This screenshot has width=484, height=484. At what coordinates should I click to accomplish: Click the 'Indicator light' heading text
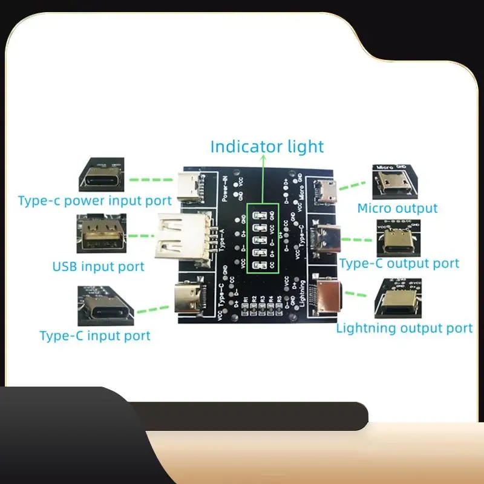(x=267, y=146)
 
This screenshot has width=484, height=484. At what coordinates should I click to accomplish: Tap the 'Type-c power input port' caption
(x=95, y=200)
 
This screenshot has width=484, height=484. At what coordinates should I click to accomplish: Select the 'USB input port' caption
(x=99, y=266)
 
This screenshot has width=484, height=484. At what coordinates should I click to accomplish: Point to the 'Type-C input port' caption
(x=95, y=335)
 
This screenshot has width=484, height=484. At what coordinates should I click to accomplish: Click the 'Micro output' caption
(x=397, y=208)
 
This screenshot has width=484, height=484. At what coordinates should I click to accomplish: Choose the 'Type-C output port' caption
(x=399, y=263)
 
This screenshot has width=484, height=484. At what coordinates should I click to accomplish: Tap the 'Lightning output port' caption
(x=404, y=328)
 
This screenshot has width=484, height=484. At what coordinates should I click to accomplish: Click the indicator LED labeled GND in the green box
(x=260, y=215)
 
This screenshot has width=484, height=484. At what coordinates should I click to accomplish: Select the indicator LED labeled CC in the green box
(x=260, y=265)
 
